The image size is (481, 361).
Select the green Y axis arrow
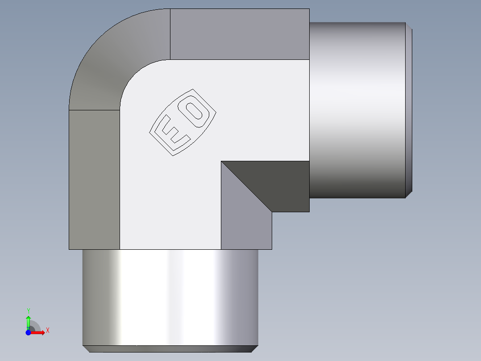coord(28,321)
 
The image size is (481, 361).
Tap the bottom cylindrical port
coord(170,295)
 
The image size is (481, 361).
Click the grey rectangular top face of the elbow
coord(240,34)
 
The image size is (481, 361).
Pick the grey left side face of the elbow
coord(94,179)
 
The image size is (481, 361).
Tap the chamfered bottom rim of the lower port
coord(170,348)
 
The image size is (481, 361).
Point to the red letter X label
coord(47,331)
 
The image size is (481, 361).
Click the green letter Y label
coord(28,311)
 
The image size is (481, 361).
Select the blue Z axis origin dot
coord(28,332)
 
